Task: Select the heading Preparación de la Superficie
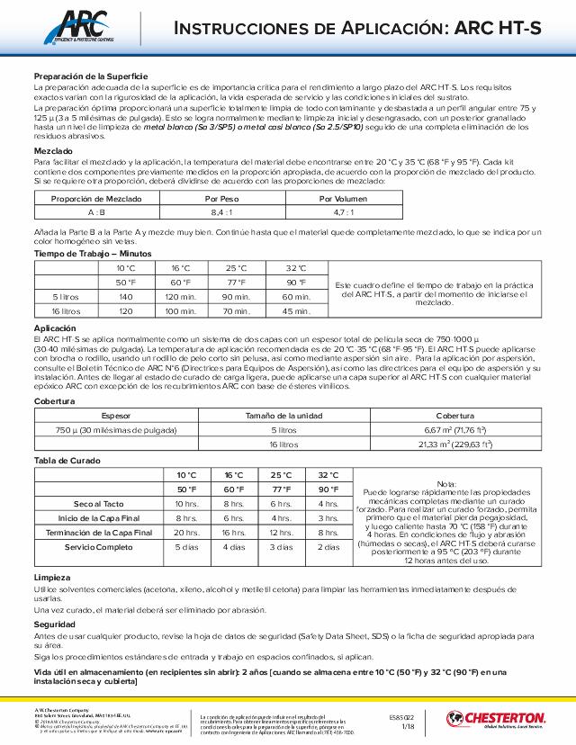click(91, 76)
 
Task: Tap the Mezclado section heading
click(54, 149)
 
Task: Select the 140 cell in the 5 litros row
click(125, 296)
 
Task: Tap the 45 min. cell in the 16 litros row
click(295, 310)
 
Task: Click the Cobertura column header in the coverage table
click(454, 416)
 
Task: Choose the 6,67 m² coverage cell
click(454, 430)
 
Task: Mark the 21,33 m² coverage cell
click(454, 444)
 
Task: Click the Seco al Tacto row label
click(99, 503)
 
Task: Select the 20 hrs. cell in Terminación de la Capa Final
click(186, 533)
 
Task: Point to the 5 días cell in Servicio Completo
click(186, 547)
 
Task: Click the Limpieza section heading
click(51, 577)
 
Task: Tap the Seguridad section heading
click(55, 624)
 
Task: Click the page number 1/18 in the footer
click(408, 725)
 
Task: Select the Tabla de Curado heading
click(68, 461)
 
